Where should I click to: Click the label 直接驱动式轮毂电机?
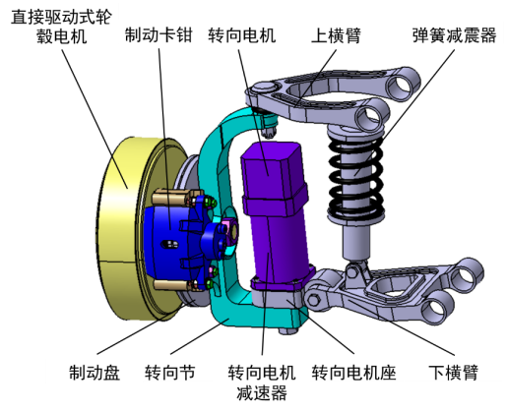[x=61, y=28]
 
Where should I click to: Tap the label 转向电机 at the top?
[x=241, y=36]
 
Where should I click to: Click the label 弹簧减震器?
[x=454, y=36]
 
